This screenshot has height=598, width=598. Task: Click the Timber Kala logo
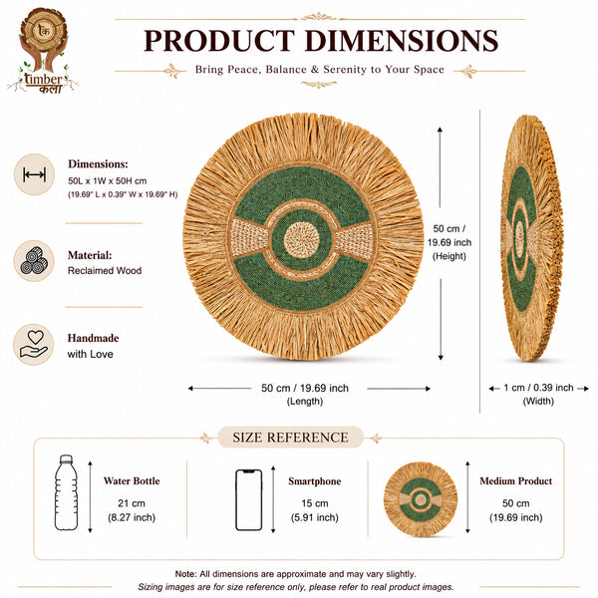(43, 51)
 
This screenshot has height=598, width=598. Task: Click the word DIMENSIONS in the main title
(402, 41)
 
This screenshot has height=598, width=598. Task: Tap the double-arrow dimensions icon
(34, 174)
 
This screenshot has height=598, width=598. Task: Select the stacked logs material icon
(34, 261)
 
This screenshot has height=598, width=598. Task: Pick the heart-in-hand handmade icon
(34, 345)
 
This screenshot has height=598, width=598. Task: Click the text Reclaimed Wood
(105, 270)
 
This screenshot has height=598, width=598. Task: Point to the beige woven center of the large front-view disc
(301, 240)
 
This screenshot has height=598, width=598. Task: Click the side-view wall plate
(531, 237)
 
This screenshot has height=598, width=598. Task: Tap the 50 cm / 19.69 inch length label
(305, 388)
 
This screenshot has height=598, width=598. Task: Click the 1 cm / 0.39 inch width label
(538, 388)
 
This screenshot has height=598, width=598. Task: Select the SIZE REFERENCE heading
(290, 438)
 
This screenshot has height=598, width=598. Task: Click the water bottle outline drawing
(66, 492)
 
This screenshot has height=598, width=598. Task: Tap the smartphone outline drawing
(248, 499)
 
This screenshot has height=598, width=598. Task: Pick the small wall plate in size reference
(421, 499)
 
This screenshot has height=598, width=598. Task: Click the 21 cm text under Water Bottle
(132, 503)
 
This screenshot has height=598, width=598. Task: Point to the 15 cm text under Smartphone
(315, 503)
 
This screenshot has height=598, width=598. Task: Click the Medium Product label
(515, 481)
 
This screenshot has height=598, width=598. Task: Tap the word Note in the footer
(185, 574)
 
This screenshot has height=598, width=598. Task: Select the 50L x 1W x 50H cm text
(108, 180)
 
